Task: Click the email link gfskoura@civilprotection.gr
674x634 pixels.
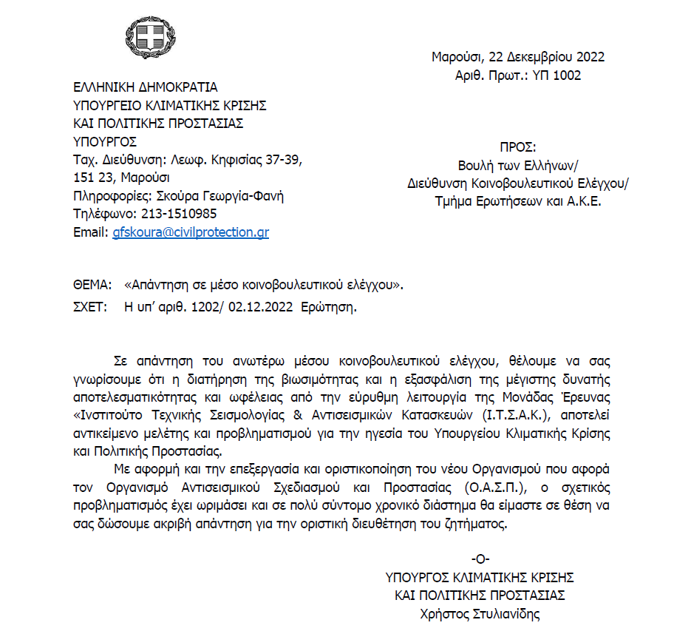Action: [191, 232]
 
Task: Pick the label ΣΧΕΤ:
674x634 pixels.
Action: [91, 307]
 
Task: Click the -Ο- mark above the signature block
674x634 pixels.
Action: [480, 559]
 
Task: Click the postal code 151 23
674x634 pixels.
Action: [92, 178]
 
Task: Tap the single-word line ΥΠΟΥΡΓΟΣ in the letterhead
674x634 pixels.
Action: [105, 142]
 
